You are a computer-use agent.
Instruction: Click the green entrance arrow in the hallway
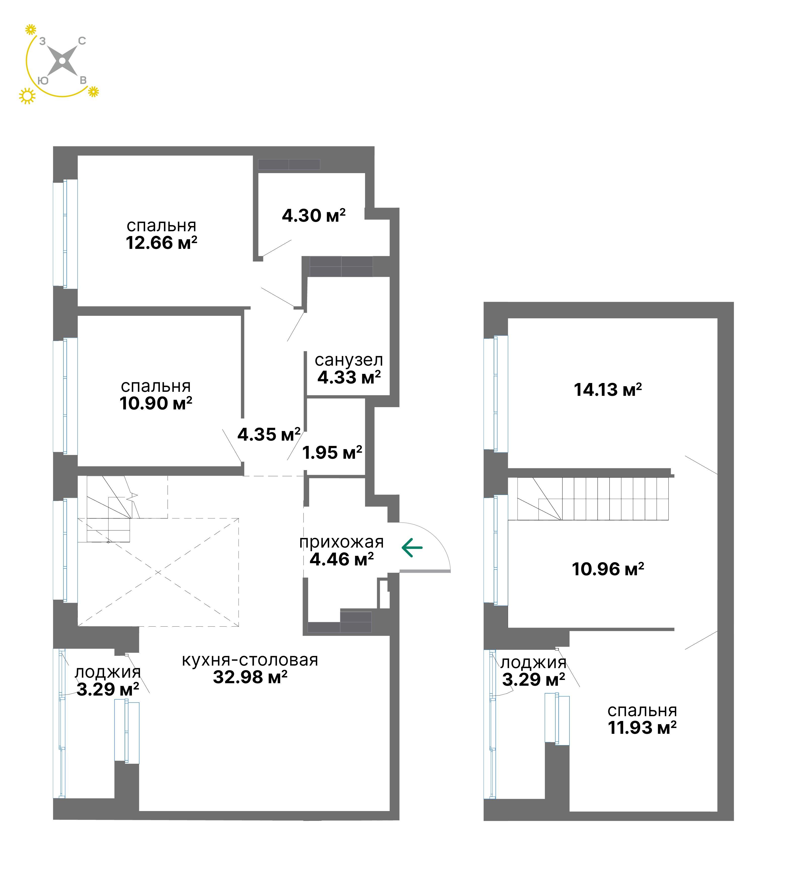[x=412, y=548]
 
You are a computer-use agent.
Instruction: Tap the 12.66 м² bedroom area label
[x=162, y=243]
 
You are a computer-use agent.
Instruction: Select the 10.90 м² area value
[x=156, y=403]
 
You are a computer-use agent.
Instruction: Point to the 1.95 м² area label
[x=332, y=453]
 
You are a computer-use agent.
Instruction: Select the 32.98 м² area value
[x=250, y=677]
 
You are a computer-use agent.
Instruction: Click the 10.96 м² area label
[x=607, y=569]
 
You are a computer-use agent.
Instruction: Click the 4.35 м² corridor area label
[x=269, y=434]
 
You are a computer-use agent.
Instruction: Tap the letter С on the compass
[x=82, y=41]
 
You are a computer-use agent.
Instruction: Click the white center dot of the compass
[x=62, y=61]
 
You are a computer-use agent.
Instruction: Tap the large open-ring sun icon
[x=27, y=96]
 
